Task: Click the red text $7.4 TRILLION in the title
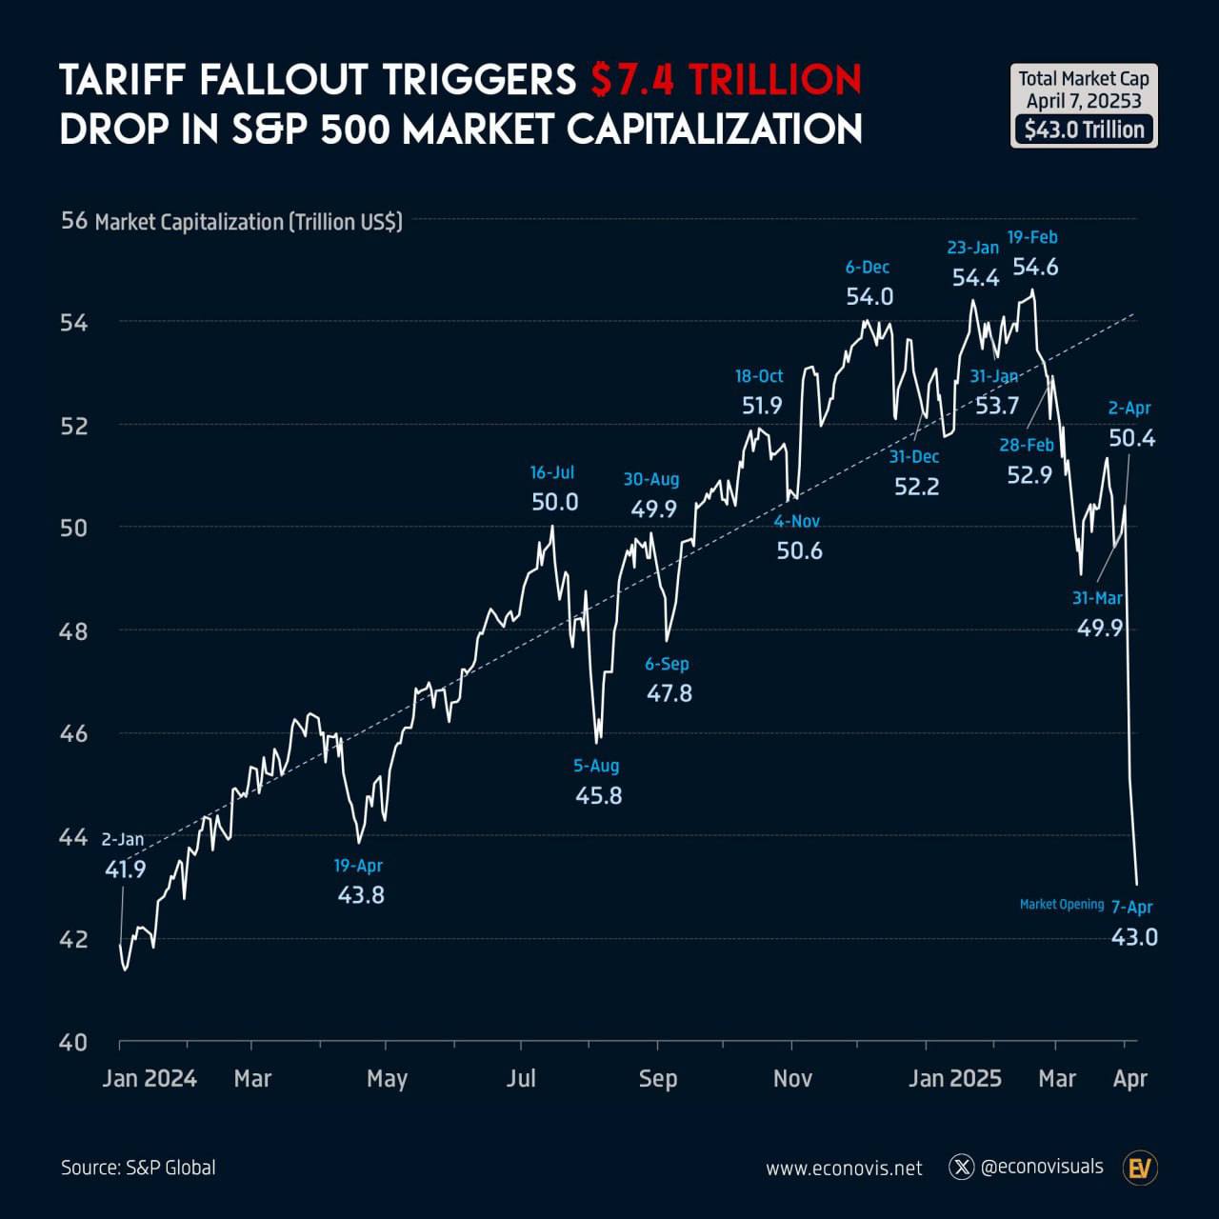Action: click(726, 80)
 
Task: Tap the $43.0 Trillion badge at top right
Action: click(1084, 130)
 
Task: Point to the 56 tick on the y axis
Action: click(73, 221)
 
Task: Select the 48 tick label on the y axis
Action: click(73, 630)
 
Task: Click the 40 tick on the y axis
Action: click(73, 1042)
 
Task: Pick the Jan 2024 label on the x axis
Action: click(150, 1078)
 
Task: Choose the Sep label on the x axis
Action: click(657, 1078)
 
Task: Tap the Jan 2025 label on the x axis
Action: click(954, 1078)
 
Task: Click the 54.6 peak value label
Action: click(1035, 268)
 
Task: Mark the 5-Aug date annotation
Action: click(596, 766)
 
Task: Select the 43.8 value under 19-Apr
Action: click(361, 895)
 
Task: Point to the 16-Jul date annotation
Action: click(552, 472)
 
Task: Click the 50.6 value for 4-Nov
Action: click(799, 550)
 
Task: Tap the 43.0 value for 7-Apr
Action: click(1134, 937)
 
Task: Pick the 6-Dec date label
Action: click(868, 267)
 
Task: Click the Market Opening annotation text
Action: click(1062, 904)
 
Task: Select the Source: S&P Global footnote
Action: click(138, 1168)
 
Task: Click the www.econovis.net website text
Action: click(844, 1169)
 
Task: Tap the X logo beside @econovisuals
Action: click(963, 1167)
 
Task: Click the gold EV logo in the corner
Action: click(1139, 1169)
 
